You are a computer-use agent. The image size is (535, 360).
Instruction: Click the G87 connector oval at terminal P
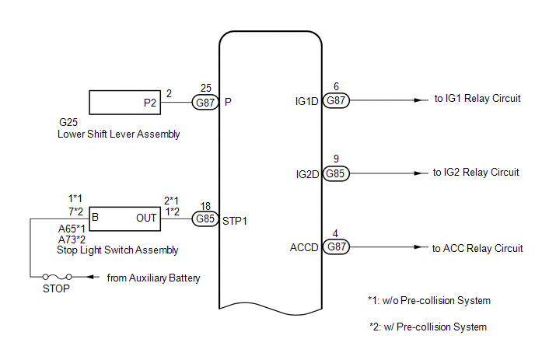click(205, 103)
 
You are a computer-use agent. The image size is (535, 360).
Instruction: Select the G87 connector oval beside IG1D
click(336, 100)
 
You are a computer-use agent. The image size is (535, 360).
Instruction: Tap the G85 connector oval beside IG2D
click(336, 173)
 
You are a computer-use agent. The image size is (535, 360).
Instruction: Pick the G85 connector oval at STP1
click(205, 218)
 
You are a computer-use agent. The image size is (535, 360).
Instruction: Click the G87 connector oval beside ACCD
click(336, 246)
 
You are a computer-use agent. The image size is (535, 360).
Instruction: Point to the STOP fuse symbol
click(57, 276)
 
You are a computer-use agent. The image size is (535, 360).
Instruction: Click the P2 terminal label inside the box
click(150, 103)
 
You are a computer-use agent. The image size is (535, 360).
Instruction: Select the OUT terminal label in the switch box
click(146, 218)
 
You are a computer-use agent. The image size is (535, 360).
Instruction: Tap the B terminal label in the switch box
click(95, 217)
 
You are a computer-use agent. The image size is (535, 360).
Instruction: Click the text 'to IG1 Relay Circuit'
click(477, 98)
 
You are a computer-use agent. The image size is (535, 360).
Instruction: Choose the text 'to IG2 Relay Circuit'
click(476, 173)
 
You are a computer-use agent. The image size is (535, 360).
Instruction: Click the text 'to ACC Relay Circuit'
click(477, 248)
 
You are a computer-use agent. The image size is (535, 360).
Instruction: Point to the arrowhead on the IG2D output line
click(418, 173)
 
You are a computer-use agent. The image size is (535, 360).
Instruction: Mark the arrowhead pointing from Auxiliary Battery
click(90, 277)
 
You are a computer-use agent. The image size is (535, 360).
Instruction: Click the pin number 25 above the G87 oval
click(206, 88)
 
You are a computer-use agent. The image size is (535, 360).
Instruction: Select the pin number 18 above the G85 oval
click(205, 206)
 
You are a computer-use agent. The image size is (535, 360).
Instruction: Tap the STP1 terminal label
click(234, 221)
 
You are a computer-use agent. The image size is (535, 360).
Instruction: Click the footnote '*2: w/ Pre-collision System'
click(428, 327)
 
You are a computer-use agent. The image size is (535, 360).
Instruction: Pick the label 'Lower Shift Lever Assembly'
click(118, 134)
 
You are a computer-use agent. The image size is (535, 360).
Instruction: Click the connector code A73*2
click(72, 239)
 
